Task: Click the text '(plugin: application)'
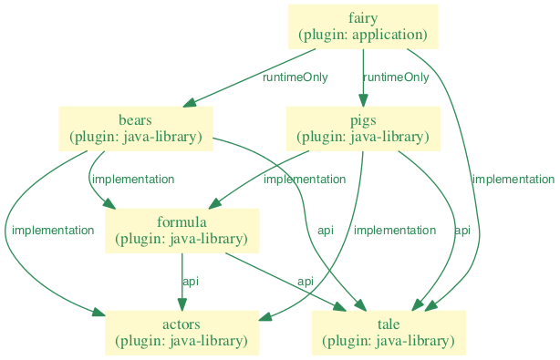[x=363, y=35]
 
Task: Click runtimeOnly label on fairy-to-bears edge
[x=295, y=77]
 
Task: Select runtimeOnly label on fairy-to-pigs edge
[x=396, y=77]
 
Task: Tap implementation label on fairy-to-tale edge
[x=513, y=180]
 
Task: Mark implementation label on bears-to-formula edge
[x=133, y=180]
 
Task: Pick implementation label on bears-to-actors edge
[x=53, y=231]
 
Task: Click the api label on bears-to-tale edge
[x=326, y=231]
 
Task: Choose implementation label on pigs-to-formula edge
[x=305, y=180]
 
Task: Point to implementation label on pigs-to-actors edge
[x=395, y=231]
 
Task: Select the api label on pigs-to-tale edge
[x=462, y=231]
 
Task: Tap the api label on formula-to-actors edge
[x=190, y=282]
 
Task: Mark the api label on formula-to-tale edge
[x=306, y=282]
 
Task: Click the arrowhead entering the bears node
[x=190, y=102]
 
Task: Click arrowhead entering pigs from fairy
[x=363, y=100]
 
